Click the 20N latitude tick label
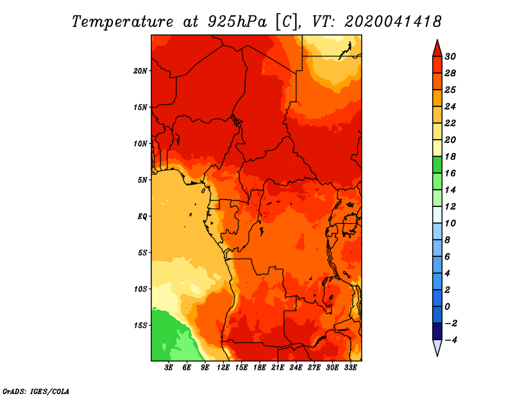pyautogui.click(x=140, y=71)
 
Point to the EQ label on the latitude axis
pyautogui.click(x=142, y=217)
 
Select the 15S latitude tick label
pyautogui.click(x=140, y=326)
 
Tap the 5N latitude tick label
pyautogui.click(x=142, y=180)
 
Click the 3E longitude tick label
pyautogui.click(x=169, y=367)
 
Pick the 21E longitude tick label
pyautogui.click(x=278, y=367)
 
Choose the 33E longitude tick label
pyautogui.click(x=350, y=367)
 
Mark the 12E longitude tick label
pyautogui.click(x=223, y=367)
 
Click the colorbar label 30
pyautogui.click(x=450, y=56)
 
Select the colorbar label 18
pyautogui.click(x=450, y=156)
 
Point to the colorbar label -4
pyautogui.click(x=451, y=340)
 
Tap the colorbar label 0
pyautogui.click(x=447, y=307)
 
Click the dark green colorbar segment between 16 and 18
pyautogui.click(x=437, y=165)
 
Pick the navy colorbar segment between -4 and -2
pyautogui.click(x=437, y=331)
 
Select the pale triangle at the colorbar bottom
pyautogui.click(x=437, y=347)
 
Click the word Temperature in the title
pyautogui.click(x=122, y=22)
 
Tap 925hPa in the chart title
pyautogui.click(x=237, y=22)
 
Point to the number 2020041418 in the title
pyautogui.click(x=393, y=22)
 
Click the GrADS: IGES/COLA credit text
pyautogui.click(x=36, y=391)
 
